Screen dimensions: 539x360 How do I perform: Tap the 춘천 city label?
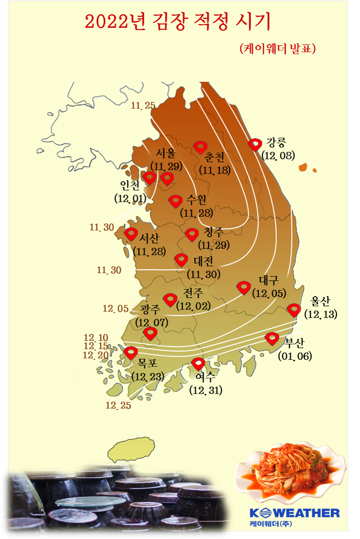point(214,158)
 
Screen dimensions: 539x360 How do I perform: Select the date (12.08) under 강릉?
point(278,155)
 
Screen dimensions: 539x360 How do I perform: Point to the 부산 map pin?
point(272,338)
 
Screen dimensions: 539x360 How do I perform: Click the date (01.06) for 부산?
point(295,356)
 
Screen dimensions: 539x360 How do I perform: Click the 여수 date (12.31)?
point(206,390)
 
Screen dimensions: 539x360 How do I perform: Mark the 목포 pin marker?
point(130,353)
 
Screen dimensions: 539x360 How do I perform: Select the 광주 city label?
point(150,310)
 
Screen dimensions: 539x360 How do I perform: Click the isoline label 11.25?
point(143,105)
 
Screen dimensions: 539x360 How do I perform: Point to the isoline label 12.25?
point(119,405)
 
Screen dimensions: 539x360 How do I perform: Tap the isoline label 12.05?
point(116,308)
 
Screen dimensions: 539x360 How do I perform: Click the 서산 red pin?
point(131,234)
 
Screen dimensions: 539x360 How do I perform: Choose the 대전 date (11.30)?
point(204,274)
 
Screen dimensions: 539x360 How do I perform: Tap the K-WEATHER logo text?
point(294,513)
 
